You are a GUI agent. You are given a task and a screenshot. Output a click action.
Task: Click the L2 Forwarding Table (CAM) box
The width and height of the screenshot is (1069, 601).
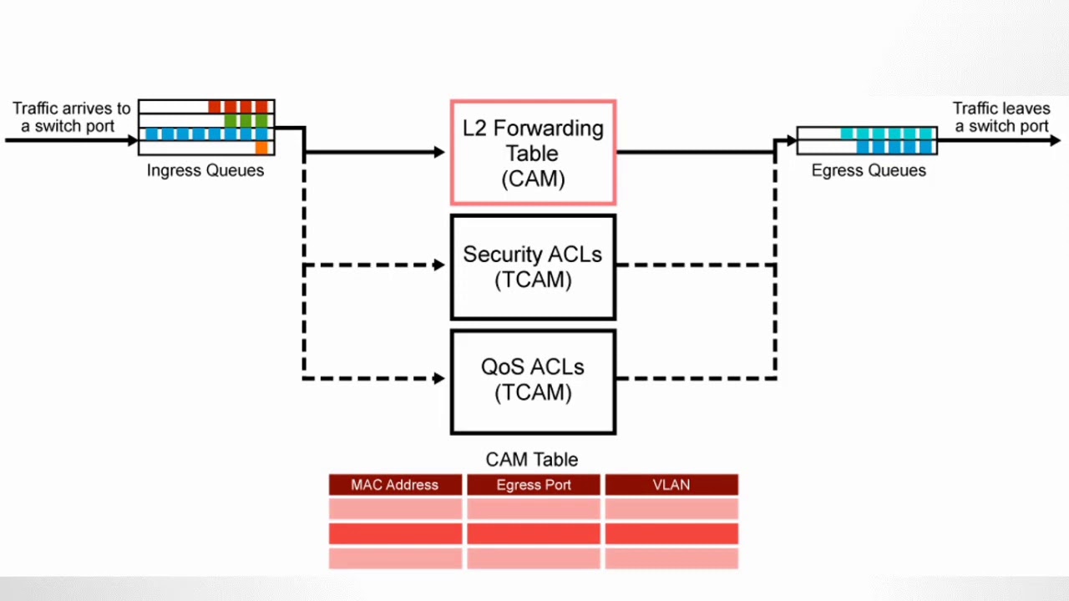[x=533, y=153]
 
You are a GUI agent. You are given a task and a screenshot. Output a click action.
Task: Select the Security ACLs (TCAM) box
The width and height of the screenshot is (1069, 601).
[x=533, y=267]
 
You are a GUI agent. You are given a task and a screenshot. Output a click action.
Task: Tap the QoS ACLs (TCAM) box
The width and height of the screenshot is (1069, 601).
[x=533, y=381]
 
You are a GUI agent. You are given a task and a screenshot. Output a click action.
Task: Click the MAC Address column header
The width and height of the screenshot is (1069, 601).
[x=395, y=485]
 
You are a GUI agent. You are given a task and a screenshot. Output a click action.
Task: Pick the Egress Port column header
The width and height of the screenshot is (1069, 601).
[x=534, y=485]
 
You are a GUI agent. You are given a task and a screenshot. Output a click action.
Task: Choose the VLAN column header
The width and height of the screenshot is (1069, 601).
[x=671, y=485]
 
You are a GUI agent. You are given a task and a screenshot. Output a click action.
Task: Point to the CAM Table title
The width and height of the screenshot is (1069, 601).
[x=532, y=459]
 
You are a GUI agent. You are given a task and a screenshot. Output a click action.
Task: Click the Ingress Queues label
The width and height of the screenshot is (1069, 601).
[x=205, y=170]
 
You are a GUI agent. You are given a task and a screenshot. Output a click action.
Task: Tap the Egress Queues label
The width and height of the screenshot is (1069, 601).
[x=869, y=170]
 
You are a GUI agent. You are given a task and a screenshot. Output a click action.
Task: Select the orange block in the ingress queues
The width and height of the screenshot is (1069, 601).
[x=261, y=148]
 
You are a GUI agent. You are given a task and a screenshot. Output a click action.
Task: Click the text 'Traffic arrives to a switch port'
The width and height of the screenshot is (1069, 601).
[x=71, y=117]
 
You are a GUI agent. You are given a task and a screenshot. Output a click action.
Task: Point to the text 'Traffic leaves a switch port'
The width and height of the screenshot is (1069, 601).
[x=1001, y=117]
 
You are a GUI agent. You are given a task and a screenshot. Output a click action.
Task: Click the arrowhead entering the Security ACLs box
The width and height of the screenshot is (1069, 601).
[x=440, y=265]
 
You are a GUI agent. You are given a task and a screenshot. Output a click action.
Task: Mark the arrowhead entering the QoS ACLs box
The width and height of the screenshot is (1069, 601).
[x=440, y=379]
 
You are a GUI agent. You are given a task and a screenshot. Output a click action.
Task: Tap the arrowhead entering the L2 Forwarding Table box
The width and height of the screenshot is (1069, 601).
[x=440, y=152]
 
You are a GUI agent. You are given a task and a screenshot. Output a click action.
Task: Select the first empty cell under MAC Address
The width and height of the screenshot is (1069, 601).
[x=395, y=508]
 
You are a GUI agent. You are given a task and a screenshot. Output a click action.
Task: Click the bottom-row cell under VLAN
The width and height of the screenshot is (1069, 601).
[x=671, y=558]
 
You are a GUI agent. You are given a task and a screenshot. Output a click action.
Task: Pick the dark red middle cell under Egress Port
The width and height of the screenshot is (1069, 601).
[x=534, y=533]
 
